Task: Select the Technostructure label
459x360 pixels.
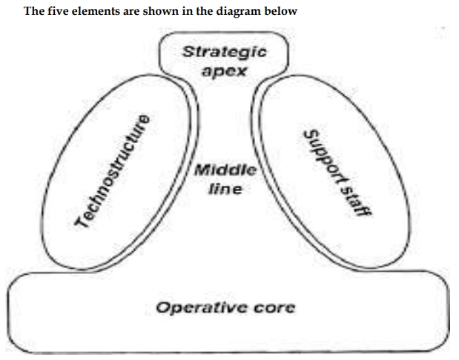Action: [113, 170]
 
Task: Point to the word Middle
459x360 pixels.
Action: [225, 170]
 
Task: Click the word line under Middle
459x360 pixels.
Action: [225, 189]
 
